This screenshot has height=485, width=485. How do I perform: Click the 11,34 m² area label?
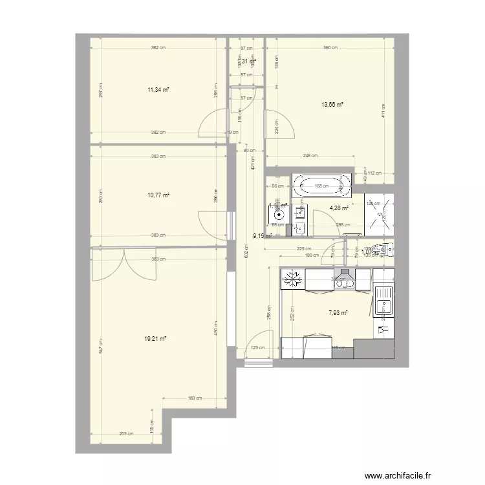(158, 91)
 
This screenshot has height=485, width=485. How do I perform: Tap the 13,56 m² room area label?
(332, 104)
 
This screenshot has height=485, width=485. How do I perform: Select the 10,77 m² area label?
(158, 195)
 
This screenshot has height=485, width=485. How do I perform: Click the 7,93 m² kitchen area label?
(338, 313)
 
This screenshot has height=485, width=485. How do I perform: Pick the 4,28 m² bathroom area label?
(339, 208)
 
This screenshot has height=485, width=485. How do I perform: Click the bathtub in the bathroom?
(322, 186)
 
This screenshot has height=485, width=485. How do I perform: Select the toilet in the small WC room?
(385, 250)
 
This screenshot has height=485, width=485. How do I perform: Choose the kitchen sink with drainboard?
(384, 301)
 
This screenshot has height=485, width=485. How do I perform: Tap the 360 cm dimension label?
(330, 48)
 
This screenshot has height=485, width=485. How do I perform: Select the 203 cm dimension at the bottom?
(126, 434)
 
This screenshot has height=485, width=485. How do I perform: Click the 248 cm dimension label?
(310, 155)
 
